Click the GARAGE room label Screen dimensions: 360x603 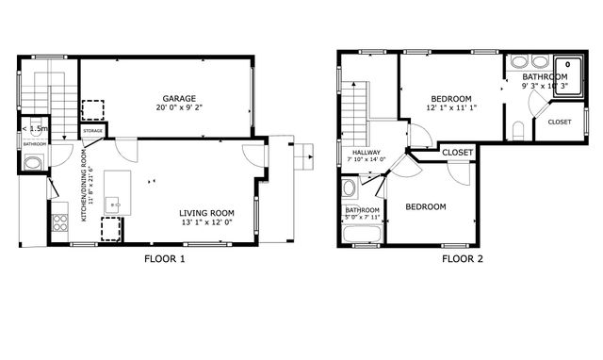click(x=179, y=98)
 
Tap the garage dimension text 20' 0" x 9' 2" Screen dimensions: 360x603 click(x=179, y=108)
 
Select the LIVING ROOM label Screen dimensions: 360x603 click(x=206, y=214)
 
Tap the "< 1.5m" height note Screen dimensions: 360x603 click(x=35, y=128)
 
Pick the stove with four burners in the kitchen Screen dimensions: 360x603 click(x=60, y=222)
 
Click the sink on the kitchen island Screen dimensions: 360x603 click(x=113, y=201)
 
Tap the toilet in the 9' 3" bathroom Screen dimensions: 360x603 click(x=519, y=131)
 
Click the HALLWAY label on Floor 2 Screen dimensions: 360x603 click(x=367, y=152)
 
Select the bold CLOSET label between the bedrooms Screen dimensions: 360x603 click(x=457, y=152)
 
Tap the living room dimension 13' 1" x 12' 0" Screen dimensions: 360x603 click(x=206, y=224)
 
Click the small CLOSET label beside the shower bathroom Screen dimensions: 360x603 click(x=559, y=122)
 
